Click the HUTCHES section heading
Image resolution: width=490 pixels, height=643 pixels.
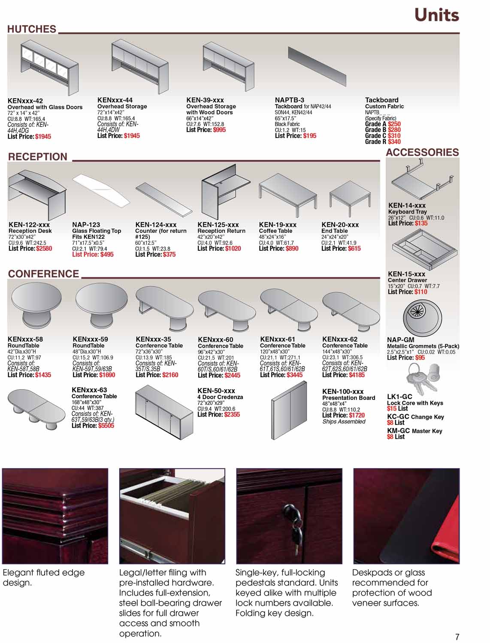pyautogui.click(x=32, y=29)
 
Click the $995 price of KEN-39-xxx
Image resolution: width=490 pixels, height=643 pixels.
pyautogui.click(x=219, y=130)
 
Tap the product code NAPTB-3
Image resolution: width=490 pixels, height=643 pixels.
pyautogui.click(x=289, y=100)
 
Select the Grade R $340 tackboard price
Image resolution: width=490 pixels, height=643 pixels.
pyautogui.click(x=394, y=142)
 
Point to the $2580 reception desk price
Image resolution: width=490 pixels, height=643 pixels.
pyautogui.click(x=44, y=249)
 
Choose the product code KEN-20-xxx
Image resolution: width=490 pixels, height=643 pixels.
pyautogui.click(x=340, y=225)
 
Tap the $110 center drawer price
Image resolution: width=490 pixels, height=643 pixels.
pyautogui.click(x=420, y=292)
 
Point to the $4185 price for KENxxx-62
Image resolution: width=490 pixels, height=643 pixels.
pyautogui.click(x=357, y=375)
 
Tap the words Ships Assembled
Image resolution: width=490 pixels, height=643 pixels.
pyautogui.click(x=344, y=422)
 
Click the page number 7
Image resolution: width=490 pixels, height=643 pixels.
pyautogui.click(x=457, y=637)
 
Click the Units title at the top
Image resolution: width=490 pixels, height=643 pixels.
pyautogui.click(x=436, y=15)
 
